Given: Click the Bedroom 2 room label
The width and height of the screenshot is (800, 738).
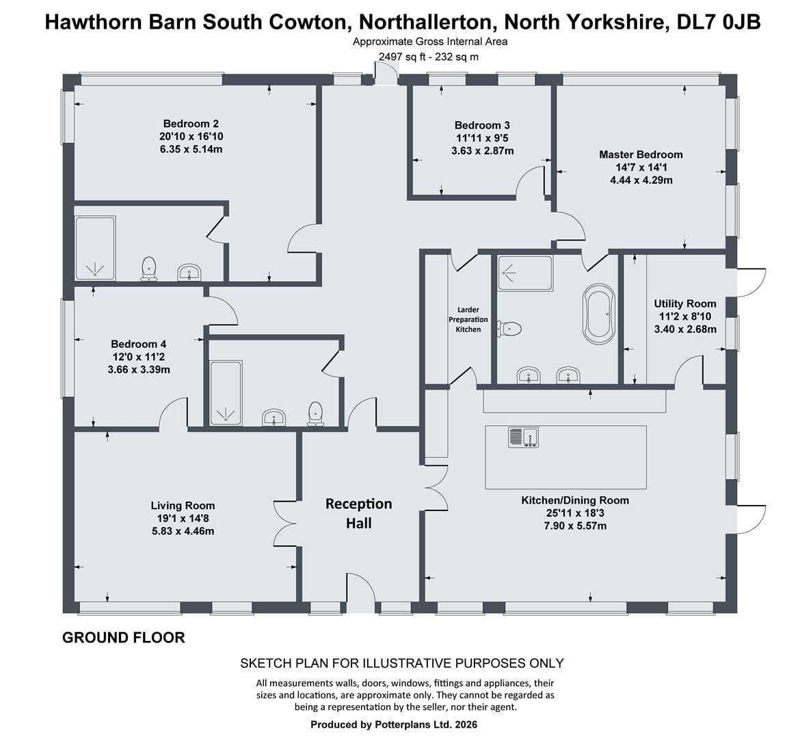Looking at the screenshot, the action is (191, 124).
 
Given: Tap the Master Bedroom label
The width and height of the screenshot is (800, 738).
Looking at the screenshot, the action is (641, 154).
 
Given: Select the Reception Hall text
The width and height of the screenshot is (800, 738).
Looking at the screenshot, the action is (359, 514).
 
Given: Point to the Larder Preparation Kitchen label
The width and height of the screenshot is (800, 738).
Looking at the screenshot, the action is (468, 319).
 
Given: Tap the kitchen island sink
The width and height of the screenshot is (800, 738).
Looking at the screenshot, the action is (524, 437).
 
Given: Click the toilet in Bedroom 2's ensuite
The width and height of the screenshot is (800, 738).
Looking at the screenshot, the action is (148, 269).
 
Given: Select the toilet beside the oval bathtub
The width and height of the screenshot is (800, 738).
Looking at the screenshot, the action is (510, 329).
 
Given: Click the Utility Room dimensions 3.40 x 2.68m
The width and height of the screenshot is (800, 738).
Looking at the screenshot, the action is (685, 329).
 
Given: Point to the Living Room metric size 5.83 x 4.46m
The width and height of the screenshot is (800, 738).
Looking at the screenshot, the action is (183, 532).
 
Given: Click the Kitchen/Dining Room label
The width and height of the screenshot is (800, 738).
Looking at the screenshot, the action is (575, 500).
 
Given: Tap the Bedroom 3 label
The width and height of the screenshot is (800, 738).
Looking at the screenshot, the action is (482, 125).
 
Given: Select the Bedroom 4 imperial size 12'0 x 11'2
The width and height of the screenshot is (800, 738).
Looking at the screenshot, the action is (139, 357).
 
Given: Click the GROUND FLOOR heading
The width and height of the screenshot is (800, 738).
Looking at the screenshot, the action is (124, 638).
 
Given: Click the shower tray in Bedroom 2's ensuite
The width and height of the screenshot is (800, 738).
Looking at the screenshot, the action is (96, 248).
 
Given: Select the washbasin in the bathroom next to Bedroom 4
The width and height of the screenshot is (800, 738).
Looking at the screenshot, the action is (274, 418).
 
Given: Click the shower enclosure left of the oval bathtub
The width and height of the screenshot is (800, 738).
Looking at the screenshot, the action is (525, 273).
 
